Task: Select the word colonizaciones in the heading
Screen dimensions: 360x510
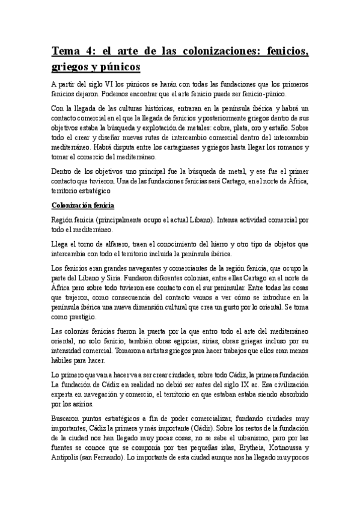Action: coord(203,52)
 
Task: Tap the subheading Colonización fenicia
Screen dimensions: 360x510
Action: coord(81,205)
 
